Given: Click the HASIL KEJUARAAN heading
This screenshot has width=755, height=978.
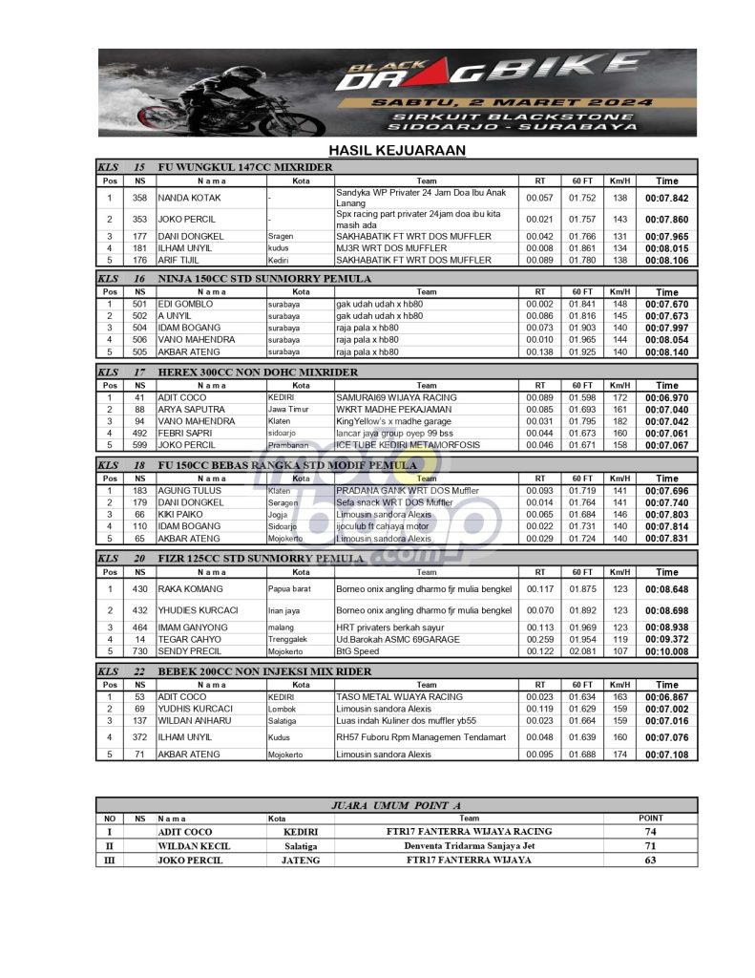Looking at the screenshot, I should [x=396, y=150].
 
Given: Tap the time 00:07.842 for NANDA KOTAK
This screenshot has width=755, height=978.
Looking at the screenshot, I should [x=667, y=198].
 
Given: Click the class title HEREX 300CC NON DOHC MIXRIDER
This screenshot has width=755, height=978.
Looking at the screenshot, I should [x=257, y=372].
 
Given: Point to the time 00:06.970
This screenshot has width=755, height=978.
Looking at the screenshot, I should [x=667, y=397].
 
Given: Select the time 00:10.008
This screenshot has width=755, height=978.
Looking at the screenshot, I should [x=667, y=651].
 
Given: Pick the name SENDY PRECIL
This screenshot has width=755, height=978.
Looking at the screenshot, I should [x=190, y=651].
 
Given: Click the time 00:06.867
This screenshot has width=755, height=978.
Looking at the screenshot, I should [x=667, y=697].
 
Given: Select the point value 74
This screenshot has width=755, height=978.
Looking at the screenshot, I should [x=650, y=832].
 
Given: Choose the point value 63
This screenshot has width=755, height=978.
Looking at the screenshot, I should [x=650, y=861].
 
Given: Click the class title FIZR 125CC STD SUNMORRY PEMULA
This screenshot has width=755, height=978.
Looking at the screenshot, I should [x=260, y=559].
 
